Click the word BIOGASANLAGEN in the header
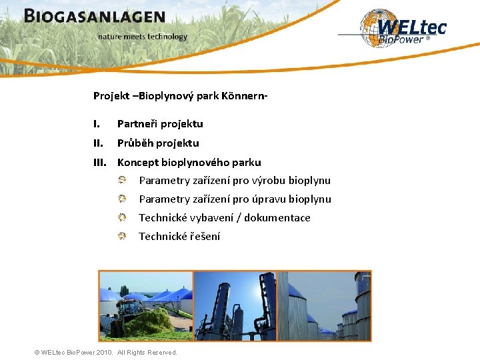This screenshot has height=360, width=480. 94,17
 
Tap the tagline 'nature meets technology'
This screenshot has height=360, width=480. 142,37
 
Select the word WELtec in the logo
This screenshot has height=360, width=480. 411,27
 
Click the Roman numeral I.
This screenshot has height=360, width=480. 97,124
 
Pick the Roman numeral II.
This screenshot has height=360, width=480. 98,143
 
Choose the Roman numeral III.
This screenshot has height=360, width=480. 100,163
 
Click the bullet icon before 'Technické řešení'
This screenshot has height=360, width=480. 123,236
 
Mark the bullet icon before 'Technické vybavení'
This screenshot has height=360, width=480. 123,217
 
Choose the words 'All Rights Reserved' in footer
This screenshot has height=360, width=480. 147,353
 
